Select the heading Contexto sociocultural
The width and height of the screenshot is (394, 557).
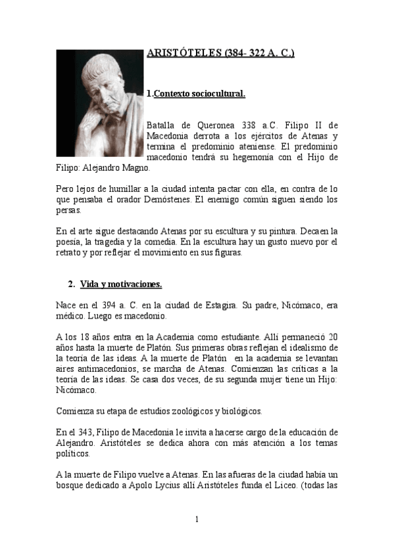pos(199,94)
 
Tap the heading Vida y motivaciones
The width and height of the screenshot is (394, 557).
pos(121,284)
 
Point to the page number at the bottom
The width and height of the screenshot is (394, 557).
pos(197,520)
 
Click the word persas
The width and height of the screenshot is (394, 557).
pos(68,210)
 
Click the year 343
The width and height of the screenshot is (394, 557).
pos(87,432)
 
